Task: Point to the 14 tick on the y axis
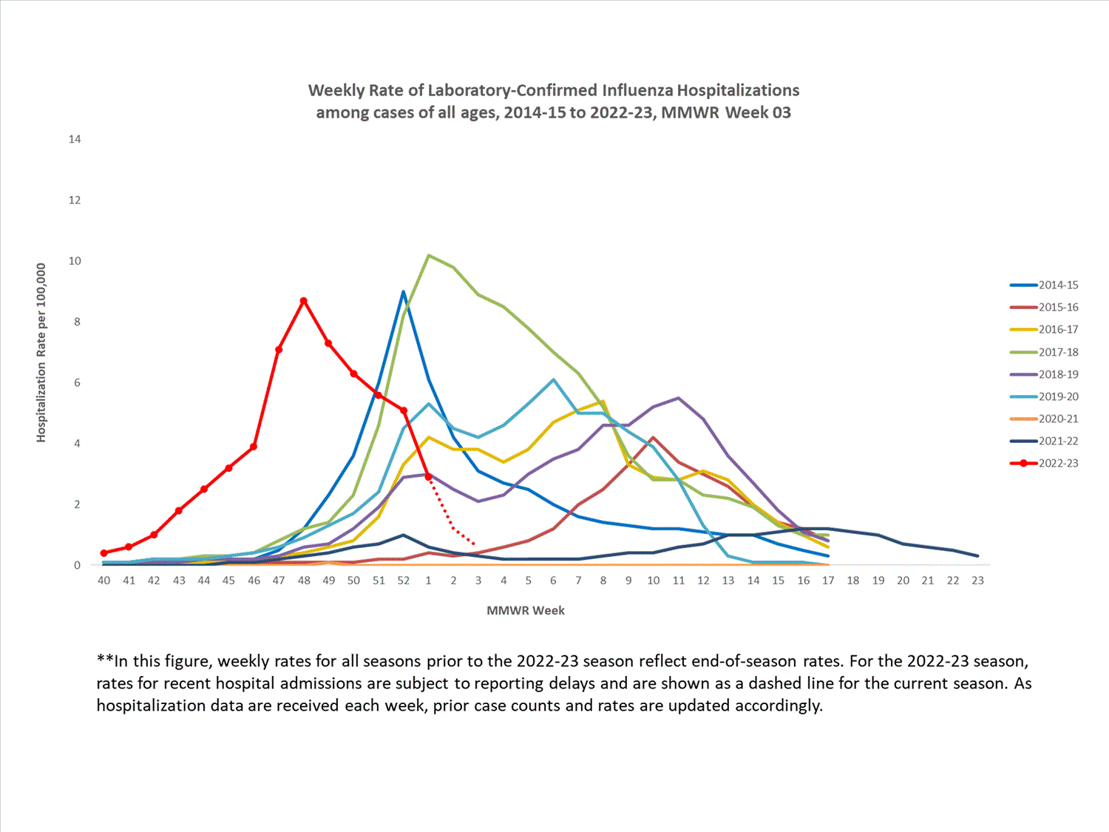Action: click(75, 139)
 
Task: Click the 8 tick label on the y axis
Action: click(77, 322)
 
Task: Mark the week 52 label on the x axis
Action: click(403, 581)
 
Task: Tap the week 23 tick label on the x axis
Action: click(977, 581)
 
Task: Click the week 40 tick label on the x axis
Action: click(104, 581)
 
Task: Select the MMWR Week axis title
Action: click(526, 611)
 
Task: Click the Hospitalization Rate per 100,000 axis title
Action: click(41, 353)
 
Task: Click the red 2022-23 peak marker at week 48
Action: click(303, 301)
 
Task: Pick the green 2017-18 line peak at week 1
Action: click(429, 255)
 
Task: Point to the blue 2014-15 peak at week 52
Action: click(403, 291)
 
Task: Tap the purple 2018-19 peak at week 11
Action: click(678, 398)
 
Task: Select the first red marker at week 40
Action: click(104, 553)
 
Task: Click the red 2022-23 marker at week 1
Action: click(428, 477)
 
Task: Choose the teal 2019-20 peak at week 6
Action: click(553, 379)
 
